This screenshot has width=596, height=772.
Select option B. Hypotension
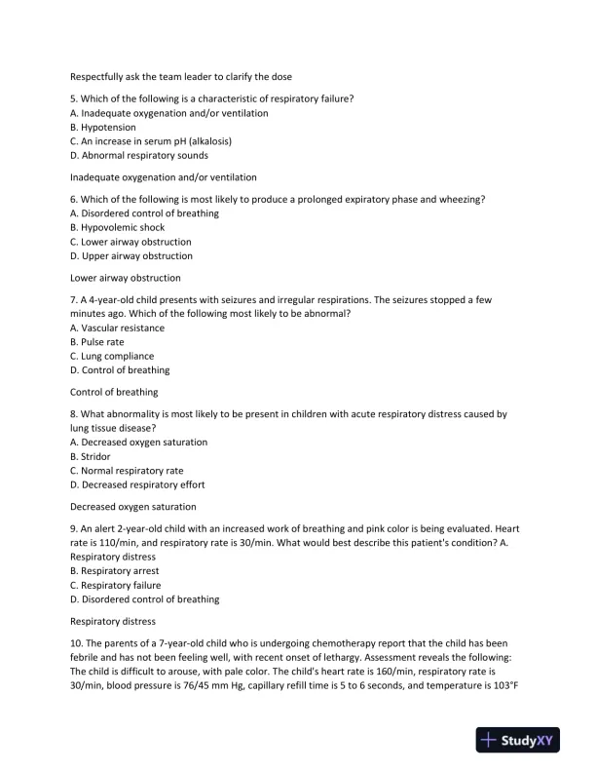[x=103, y=128]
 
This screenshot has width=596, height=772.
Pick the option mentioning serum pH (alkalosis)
[x=151, y=141]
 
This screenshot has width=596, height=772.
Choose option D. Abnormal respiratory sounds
[x=138, y=156]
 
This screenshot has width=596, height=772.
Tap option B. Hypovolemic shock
[x=117, y=227]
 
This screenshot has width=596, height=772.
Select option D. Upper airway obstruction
[x=130, y=256]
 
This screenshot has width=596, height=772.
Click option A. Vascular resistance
[x=117, y=328]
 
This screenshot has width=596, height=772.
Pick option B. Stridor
[x=91, y=456]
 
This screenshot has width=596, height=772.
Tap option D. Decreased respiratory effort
[x=137, y=484]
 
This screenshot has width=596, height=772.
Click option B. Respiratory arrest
[x=114, y=570]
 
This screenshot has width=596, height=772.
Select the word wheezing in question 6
[x=462, y=199]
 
